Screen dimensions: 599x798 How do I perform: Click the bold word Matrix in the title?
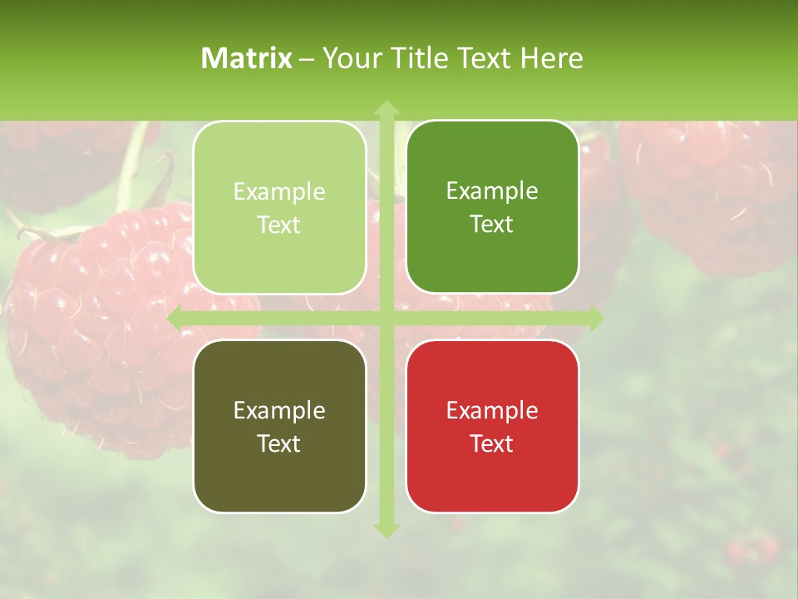[247, 58]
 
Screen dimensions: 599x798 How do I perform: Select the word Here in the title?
[551, 58]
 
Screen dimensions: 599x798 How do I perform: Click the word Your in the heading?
[349, 58]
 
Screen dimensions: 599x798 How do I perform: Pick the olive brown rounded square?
[279, 474]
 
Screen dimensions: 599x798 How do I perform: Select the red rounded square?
[492, 474]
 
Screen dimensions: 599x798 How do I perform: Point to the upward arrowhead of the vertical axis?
[387, 108]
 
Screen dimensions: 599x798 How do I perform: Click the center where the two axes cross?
[387, 319]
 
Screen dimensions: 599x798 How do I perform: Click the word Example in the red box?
[492, 410]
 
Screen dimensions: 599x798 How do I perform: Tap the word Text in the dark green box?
[492, 225]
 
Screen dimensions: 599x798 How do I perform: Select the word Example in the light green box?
[279, 191]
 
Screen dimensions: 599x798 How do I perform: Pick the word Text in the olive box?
[279, 443]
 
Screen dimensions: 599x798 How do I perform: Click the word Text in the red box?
[492, 443]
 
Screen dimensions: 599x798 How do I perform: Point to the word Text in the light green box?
[279, 225]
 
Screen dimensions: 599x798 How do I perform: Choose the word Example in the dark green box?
[492, 191]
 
